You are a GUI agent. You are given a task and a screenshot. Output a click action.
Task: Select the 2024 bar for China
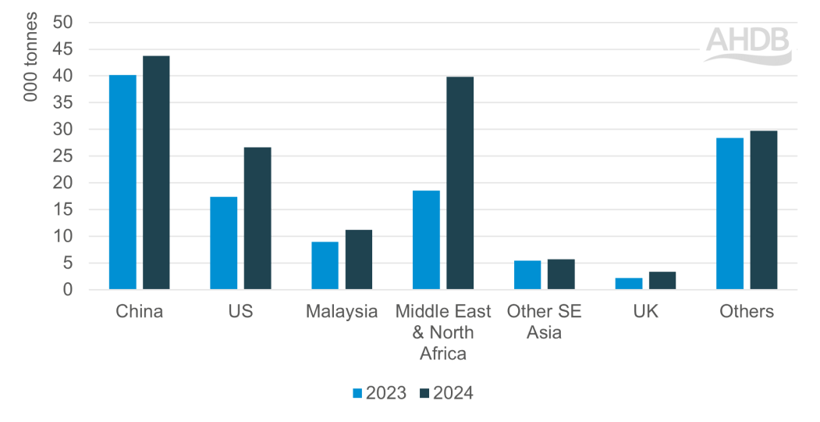click(156, 173)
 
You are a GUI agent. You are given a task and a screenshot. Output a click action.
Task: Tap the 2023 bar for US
click(224, 243)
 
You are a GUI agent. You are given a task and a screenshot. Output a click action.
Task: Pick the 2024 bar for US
click(257, 218)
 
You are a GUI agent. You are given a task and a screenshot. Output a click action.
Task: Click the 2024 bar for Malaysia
click(359, 259)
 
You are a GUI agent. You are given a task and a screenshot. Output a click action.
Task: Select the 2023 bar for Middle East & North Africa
click(426, 240)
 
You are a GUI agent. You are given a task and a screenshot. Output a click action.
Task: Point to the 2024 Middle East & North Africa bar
click(460, 183)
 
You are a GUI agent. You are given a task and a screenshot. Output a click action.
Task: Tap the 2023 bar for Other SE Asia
click(527, 275)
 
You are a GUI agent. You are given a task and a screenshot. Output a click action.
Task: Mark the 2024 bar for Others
click(764, 210)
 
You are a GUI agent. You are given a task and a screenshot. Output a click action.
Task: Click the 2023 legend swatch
click(358, 393)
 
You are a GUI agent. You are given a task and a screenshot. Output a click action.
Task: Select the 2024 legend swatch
click(424, 393)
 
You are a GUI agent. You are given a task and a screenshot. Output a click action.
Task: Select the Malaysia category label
click(342, 312)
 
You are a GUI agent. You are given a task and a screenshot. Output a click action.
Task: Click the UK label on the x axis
click(646, 312)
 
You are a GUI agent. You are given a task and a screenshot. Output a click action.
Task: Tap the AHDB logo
click(747, 45)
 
